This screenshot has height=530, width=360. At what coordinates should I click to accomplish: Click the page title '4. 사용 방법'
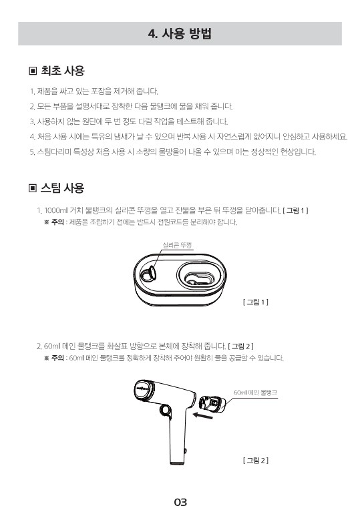(180, 34)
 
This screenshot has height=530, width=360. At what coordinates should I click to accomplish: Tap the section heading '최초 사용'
(63, 71)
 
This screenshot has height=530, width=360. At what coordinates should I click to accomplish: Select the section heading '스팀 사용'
(63, 188)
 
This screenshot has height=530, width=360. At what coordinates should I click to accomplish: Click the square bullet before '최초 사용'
(33, 71)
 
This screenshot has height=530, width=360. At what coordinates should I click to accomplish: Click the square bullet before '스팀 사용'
(33, 188)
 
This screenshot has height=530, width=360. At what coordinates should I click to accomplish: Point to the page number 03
(180, 502)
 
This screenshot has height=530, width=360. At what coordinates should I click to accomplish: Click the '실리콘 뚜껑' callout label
(177, 245)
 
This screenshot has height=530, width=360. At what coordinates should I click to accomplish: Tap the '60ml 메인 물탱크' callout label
(255, 392)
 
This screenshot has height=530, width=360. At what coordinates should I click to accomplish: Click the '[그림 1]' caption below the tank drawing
(256, 302)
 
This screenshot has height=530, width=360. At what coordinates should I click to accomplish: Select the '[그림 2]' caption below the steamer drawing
(256, 460)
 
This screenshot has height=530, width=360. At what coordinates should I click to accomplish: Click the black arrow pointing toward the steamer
(202, 415)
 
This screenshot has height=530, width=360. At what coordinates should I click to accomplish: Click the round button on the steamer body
(166, 410)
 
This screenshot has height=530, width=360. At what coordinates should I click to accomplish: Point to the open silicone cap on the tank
(148, 274)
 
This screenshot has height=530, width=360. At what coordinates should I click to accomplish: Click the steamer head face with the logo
(143, 390)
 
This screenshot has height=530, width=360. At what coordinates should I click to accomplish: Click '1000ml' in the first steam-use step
(56, 210)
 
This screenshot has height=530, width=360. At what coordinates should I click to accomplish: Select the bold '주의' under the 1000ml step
(57, 222)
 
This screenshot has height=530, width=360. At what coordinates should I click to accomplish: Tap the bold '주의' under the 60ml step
(57, 358)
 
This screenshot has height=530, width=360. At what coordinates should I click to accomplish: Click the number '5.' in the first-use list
(33, 152)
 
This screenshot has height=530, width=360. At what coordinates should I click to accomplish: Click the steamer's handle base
(179, 461)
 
